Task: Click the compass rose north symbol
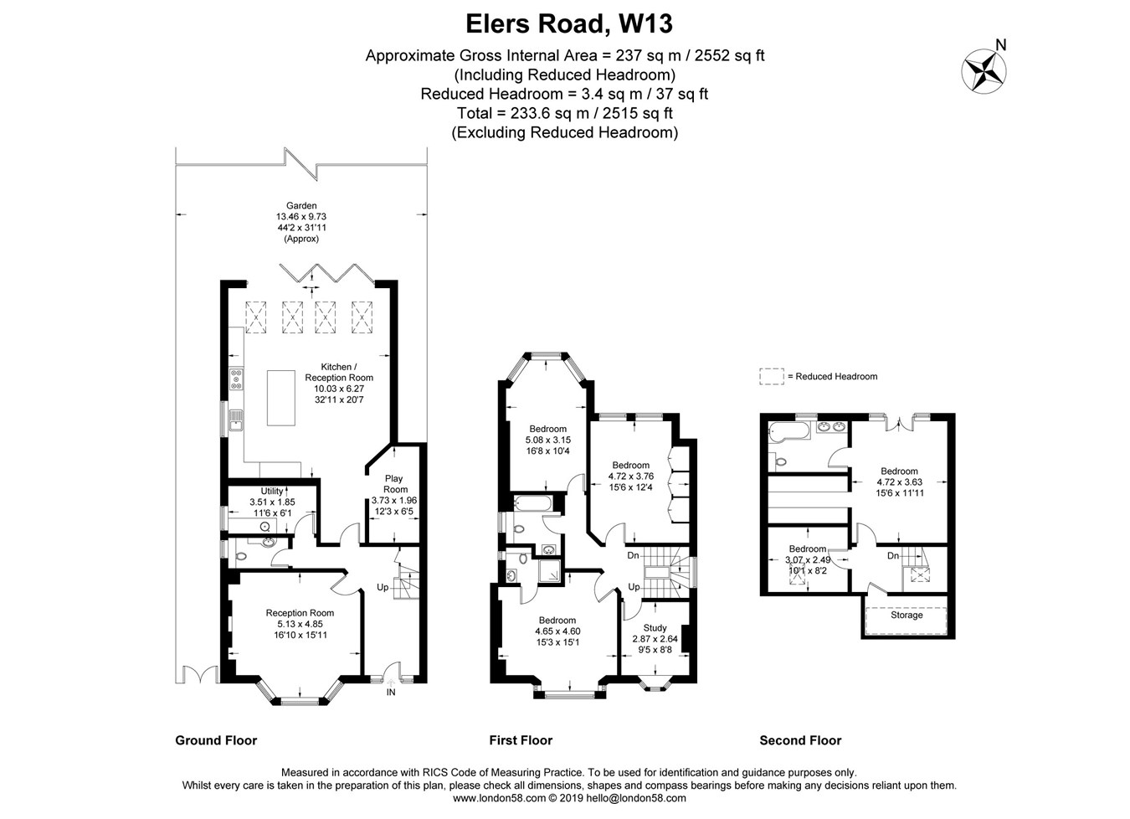[984, 71]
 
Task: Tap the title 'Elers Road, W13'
[569, 23]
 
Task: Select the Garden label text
[301, 205]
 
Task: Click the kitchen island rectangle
[281, 398]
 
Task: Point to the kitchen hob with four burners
[236, 379]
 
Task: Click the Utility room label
[272, 491]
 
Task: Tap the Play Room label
[394, 484]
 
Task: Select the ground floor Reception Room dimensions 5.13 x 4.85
[300, 624]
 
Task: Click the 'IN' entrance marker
[391, 693]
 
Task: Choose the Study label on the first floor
[655, 628]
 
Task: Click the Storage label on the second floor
[907, 616]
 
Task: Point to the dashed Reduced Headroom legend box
[772, 377]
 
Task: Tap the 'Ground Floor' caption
[216, 740]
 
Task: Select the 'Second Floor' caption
[800, 740]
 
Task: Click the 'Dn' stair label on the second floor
[893, 555]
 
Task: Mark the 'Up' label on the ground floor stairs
[383, 587]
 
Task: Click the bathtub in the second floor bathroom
[789, 432]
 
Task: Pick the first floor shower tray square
[549, 571]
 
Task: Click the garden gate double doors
[200, 675]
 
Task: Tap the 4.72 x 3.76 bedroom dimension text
[631, 476]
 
